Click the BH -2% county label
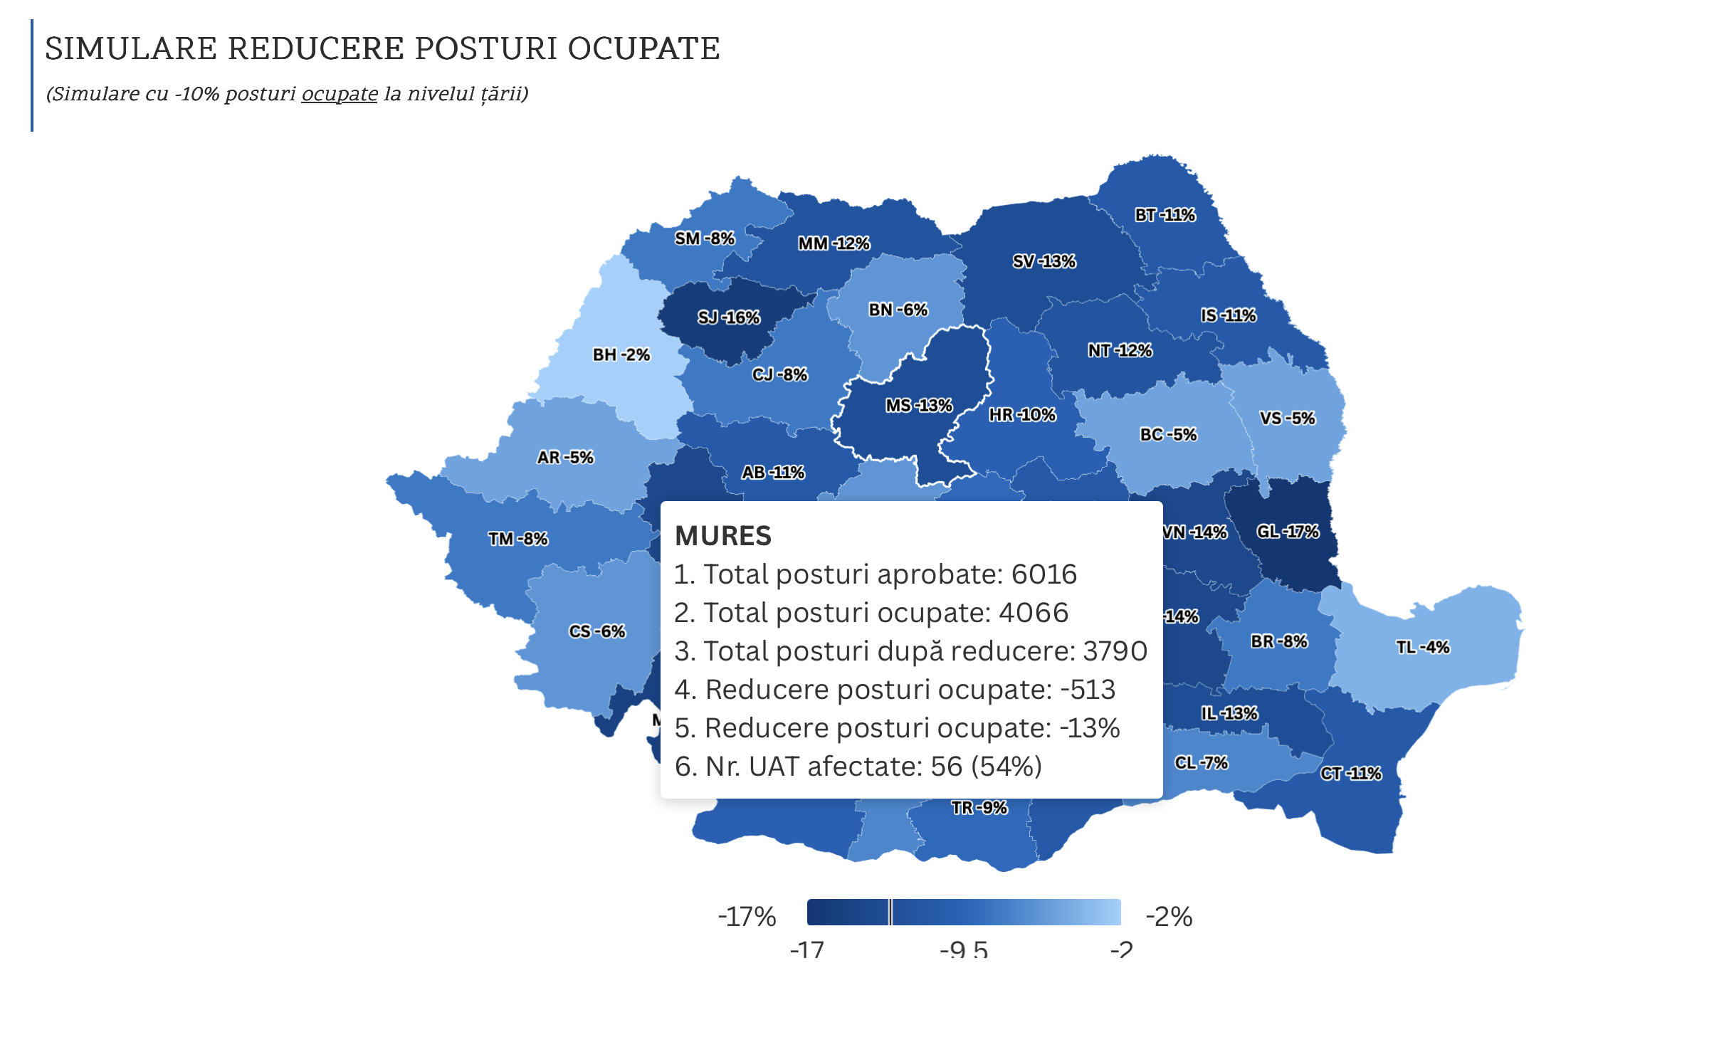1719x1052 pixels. pos(621,354)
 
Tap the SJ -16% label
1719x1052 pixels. pos(728,317)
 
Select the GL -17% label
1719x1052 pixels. pos(1287,532)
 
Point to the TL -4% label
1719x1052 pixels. pos(1422,647)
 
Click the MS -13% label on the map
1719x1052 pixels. pos(918,406)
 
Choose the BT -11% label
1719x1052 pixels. pos(1165,215)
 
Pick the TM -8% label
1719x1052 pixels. pos(517,539)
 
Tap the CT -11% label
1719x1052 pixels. pos(1350,774)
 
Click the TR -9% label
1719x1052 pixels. pos(979,808)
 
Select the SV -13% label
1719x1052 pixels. pos(1044,261)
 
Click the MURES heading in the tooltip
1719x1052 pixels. pos(722,536)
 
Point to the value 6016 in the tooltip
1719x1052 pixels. pos(1044,574)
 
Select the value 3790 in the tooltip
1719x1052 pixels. pos(1115,651)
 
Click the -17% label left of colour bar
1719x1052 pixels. pos(746,917)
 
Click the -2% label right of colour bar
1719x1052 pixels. pos(1168,917)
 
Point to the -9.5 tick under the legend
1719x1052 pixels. pos(963,950)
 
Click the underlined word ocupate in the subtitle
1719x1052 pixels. pos(339,94)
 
